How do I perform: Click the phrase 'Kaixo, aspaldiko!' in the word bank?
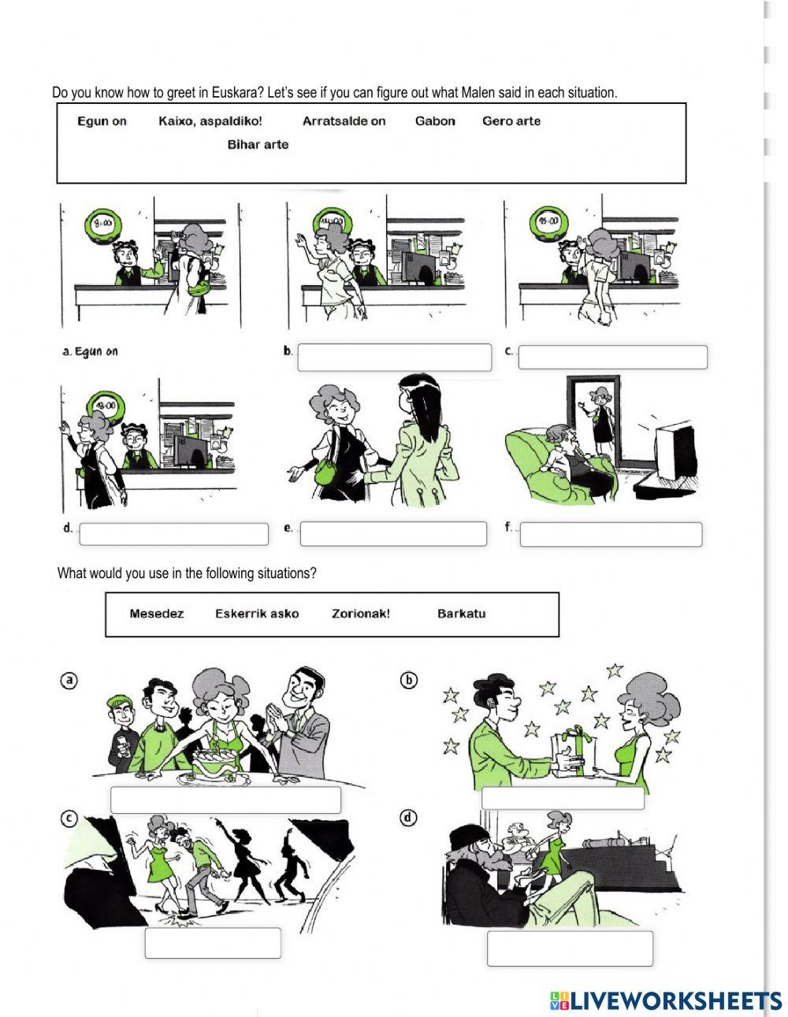click(x=210, y=121)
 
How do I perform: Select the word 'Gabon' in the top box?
click(x=435, y=121)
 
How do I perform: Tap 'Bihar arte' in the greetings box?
click(x=258, y=145)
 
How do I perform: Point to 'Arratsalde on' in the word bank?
click(x=344, y=121)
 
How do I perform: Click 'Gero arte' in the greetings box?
click(x=511, y=121)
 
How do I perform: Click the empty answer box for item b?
click(x=394, y=357)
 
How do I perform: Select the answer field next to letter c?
click(x=612, y=357)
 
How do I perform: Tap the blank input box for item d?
click(x=174, y=534)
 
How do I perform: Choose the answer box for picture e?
click(x=393, y=533)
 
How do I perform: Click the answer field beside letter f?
click(x=611, y=534)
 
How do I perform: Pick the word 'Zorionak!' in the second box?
click(x=361, y=614)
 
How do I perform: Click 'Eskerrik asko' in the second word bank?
click(x=257, y=614)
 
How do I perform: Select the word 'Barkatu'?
click(x=461, y=614)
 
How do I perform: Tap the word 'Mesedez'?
click(x=157, y=614)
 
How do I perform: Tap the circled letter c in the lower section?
click(x=70, y=819)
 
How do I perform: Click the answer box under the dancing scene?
click(x=213, y=943)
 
